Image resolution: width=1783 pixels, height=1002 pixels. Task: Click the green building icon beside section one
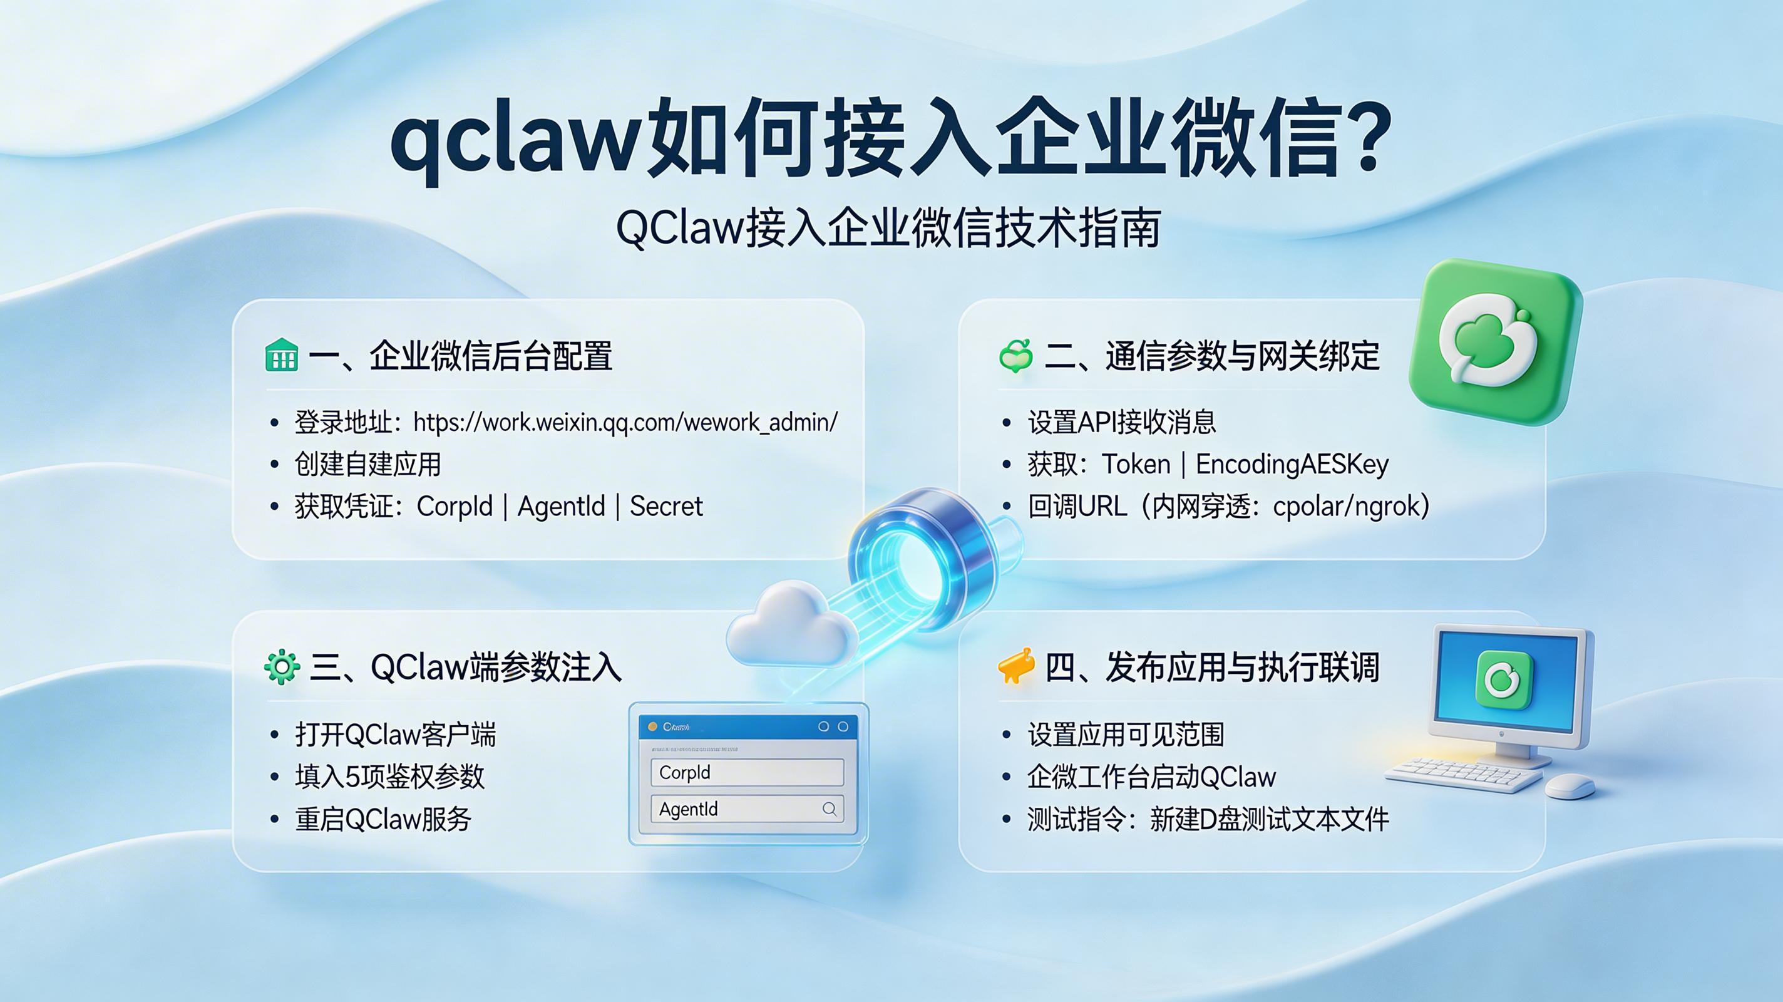pos(282,356)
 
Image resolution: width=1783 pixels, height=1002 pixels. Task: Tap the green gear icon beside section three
pos(282,668)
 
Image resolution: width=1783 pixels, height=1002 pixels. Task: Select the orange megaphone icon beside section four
pos(1015,667)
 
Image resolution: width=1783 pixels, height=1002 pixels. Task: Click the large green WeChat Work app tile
pos(1495,342)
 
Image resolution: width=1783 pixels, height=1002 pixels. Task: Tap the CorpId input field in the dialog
pos(747,772)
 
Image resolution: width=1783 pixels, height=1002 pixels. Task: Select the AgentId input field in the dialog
pos(734,808)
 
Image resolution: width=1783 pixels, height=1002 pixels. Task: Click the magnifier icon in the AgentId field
pos(829,808)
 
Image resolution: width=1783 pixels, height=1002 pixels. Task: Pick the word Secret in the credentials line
pos(666,506)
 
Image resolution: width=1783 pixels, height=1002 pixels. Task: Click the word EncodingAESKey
pos(1292,464)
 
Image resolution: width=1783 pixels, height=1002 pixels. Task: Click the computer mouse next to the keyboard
pos(1570,786)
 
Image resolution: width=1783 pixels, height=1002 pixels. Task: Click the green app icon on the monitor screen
pos(1504,679)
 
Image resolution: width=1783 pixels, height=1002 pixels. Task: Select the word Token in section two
pos(1135,464)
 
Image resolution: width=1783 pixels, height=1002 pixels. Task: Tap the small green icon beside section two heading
pos(1016,356)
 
